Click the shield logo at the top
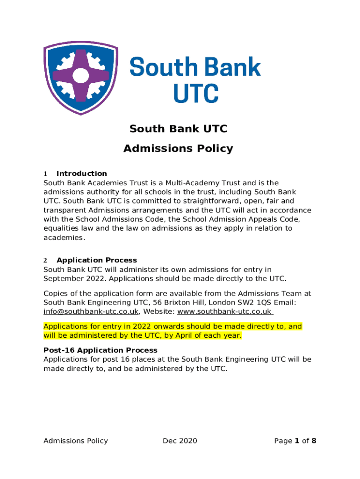coord(80,77)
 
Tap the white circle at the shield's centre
coord(81,75)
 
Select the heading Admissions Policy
coord(178,149)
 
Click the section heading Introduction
coord(81,174)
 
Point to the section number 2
coord(45,260)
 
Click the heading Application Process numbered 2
coord(97,260)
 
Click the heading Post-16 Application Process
coord(101,350)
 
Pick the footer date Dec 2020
coord(180,441)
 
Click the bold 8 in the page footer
coord(314,441)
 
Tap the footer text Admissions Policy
coord(76,441)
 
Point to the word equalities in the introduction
coord(62,229)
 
